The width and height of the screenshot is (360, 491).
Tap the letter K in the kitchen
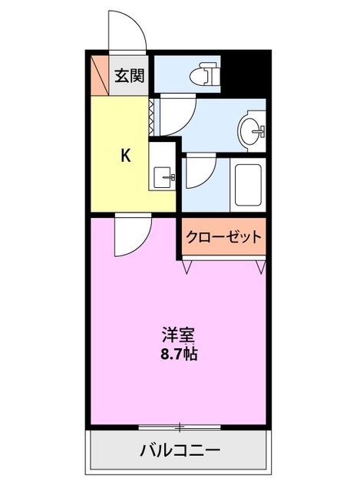click(125, 156)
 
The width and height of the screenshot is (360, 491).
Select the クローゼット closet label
click(223, 237)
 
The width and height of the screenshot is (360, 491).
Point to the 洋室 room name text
click(177, 335)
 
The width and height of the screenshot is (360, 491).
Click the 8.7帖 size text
click(177, 355)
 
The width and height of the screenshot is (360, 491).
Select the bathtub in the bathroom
click(247, 186)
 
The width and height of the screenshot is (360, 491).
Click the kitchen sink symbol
click(163, 177)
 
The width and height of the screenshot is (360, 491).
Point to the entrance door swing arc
click(124, 31)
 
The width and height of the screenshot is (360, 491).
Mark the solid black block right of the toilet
click(244, 73)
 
